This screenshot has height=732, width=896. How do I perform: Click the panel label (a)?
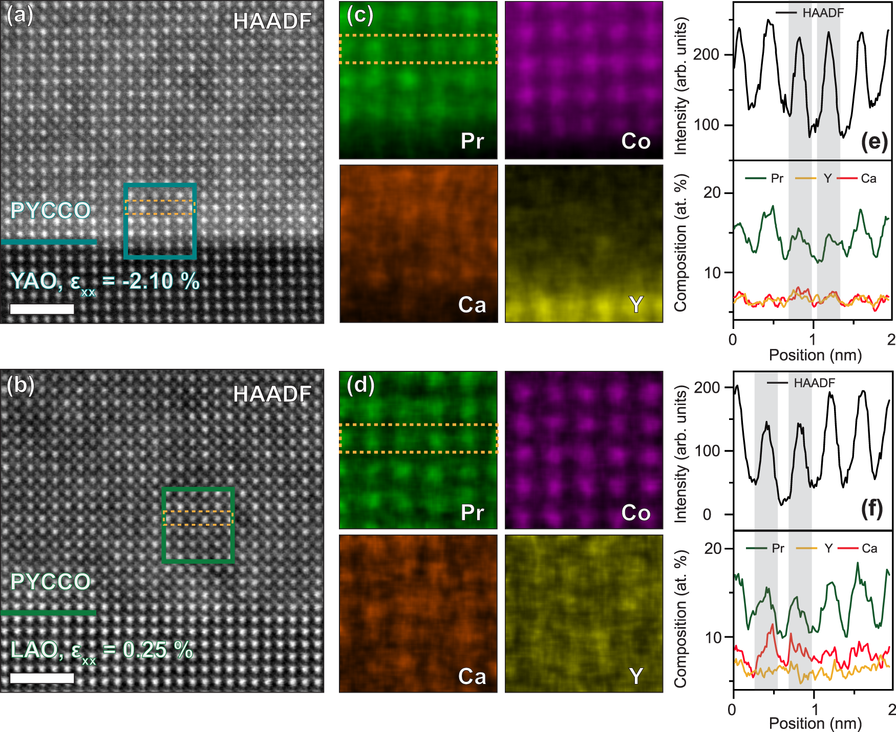(x=19, y=15)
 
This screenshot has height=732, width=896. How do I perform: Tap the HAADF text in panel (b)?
(x=272, y=394)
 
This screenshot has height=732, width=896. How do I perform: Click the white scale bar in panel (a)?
(x=42, y=309)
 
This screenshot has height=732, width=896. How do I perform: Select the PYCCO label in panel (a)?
(x=50, y=211)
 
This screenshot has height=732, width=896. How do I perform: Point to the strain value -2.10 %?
(x=160, y=281)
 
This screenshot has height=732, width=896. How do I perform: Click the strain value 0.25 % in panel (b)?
(x=157, y=650)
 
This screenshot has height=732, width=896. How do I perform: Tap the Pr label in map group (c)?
(x=472, y=141)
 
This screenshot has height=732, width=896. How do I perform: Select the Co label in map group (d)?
(x=635, y=513)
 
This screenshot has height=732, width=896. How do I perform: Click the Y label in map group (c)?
(x=636, y=305)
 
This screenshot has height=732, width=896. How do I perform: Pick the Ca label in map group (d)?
(x=472, y=676)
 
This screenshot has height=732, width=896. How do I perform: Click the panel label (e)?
(x=874, y=142)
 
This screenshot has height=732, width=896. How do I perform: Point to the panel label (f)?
(x=872, y=509)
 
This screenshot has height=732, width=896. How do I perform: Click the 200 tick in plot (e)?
(x=706, y=54)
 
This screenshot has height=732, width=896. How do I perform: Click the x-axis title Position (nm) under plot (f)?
(x=815, y=723)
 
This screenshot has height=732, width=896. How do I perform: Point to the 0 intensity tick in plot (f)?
(x=707, y=514)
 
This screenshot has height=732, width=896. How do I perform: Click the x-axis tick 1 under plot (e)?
(x=813, y=339)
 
